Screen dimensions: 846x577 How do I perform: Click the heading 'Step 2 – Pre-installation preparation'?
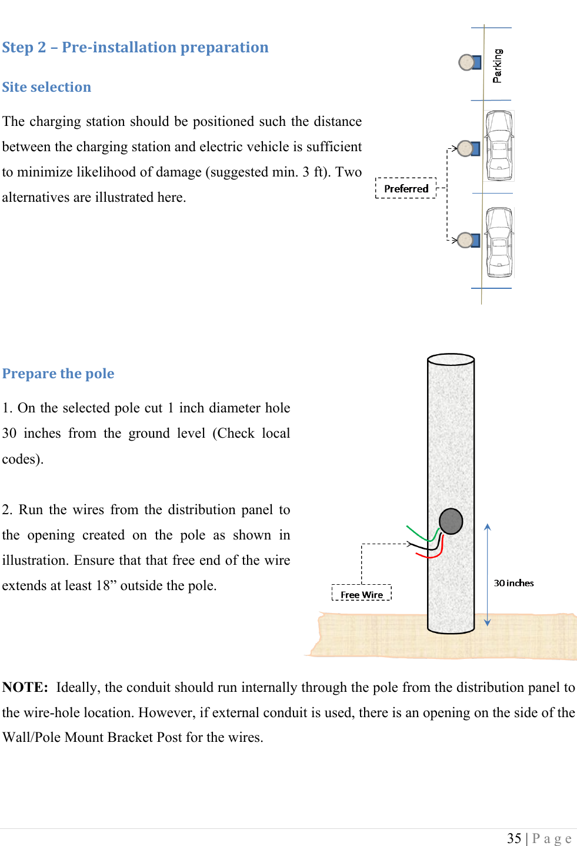[x=135, y=48]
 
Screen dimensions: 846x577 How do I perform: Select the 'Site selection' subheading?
[x=46, y=88]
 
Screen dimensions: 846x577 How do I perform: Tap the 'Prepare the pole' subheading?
[x=58, y=374]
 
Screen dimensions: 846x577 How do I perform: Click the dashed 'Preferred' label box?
[x=406, y=189]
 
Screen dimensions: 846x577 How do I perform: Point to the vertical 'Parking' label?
[x=498, y=65]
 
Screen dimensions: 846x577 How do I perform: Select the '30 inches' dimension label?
[x=513, y=583]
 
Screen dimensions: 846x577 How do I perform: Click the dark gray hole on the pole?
[x=451, y=521]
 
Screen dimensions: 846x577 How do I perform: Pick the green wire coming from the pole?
[x=419, y=534]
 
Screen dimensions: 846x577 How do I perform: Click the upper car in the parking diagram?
[x=499, y=146]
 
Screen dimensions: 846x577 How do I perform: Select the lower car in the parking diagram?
[x=499, y=242]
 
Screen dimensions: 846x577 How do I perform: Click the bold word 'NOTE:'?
[x=25, y=688]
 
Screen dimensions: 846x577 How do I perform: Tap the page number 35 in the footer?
[x=514, y=838]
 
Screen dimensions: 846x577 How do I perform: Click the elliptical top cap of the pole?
[x=451, y=359]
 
